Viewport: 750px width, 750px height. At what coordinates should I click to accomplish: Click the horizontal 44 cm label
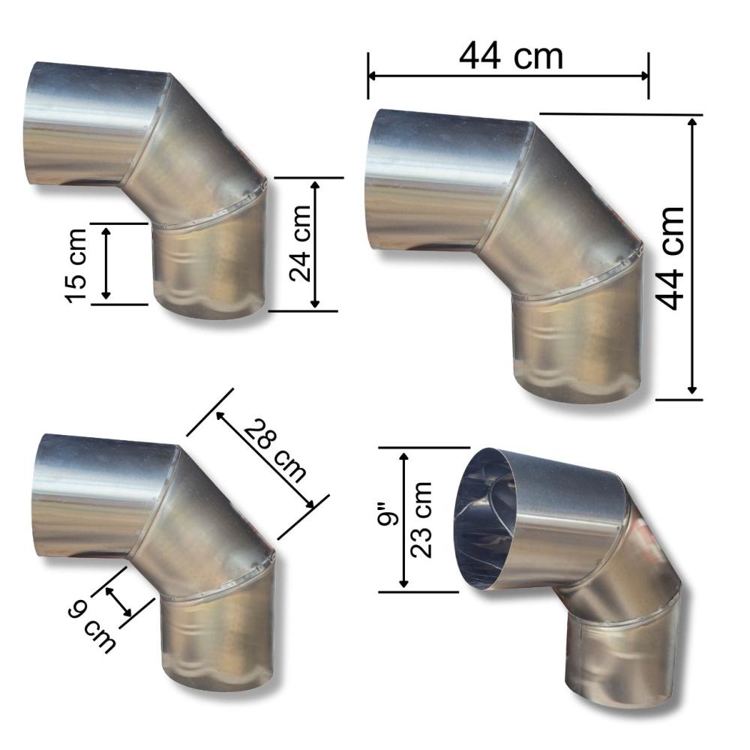[511, 56]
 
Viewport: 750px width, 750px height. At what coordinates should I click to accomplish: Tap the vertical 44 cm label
[670, 259]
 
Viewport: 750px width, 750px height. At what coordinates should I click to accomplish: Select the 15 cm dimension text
[76, 265]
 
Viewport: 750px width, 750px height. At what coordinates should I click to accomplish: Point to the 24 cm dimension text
[301, 243]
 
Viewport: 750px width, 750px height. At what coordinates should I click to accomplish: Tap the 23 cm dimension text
[421, 520]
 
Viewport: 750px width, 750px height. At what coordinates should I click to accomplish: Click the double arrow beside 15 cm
[106, 263]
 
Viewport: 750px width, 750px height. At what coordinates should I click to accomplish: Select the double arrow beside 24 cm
[315, 244]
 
